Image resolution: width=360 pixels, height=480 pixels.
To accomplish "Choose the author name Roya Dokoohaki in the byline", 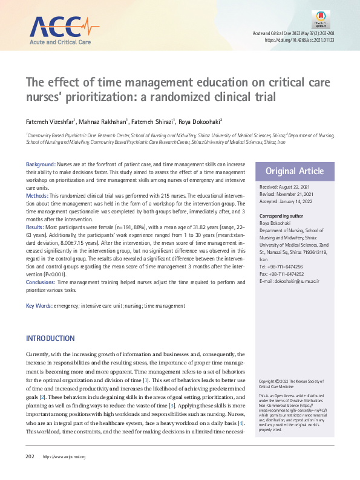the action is tap(200, 122).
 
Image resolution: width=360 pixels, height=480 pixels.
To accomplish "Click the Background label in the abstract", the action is tap(41, 164).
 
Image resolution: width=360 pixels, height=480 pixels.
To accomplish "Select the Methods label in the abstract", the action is tap(38, 196).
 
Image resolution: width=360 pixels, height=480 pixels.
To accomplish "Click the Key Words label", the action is tap(39, 306).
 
